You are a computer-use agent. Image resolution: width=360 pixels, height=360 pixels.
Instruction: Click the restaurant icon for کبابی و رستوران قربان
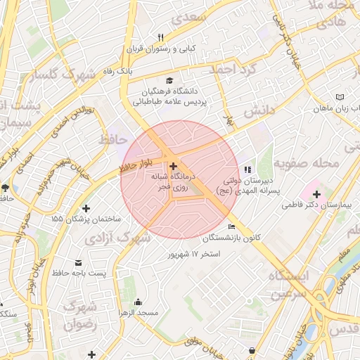pos(160,38)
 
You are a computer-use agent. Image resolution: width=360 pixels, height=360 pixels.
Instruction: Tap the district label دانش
pos(258,111)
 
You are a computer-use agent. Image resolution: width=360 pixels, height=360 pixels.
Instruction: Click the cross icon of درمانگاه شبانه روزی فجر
pos(174,166)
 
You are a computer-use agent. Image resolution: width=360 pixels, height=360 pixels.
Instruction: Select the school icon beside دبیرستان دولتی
pos(247,169)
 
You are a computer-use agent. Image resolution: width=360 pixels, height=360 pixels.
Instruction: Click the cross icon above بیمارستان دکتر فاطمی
pos(316,193)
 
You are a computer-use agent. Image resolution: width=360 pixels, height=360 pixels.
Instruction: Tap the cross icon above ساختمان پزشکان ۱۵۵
pos(86,208)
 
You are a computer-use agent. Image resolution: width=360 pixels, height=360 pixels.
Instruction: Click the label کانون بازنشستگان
pos(233,238)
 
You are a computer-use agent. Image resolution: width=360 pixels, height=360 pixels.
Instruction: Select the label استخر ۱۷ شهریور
pos(192,253)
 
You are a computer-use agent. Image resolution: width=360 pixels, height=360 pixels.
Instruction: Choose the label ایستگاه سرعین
pos(288,283)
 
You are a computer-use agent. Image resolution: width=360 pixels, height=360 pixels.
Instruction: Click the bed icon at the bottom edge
pos(252,350)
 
